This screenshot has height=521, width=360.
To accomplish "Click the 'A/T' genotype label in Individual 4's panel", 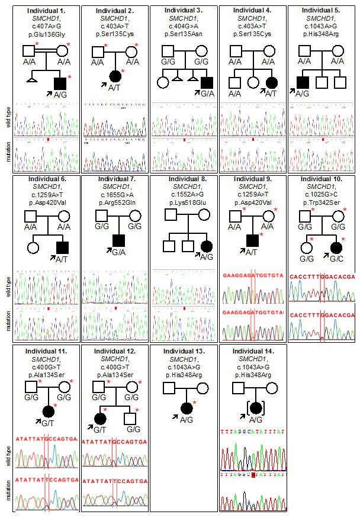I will [271, 93].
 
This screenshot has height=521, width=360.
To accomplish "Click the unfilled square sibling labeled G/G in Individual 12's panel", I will [131, 419].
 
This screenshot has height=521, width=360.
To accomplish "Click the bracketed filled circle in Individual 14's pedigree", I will [254, 408].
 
